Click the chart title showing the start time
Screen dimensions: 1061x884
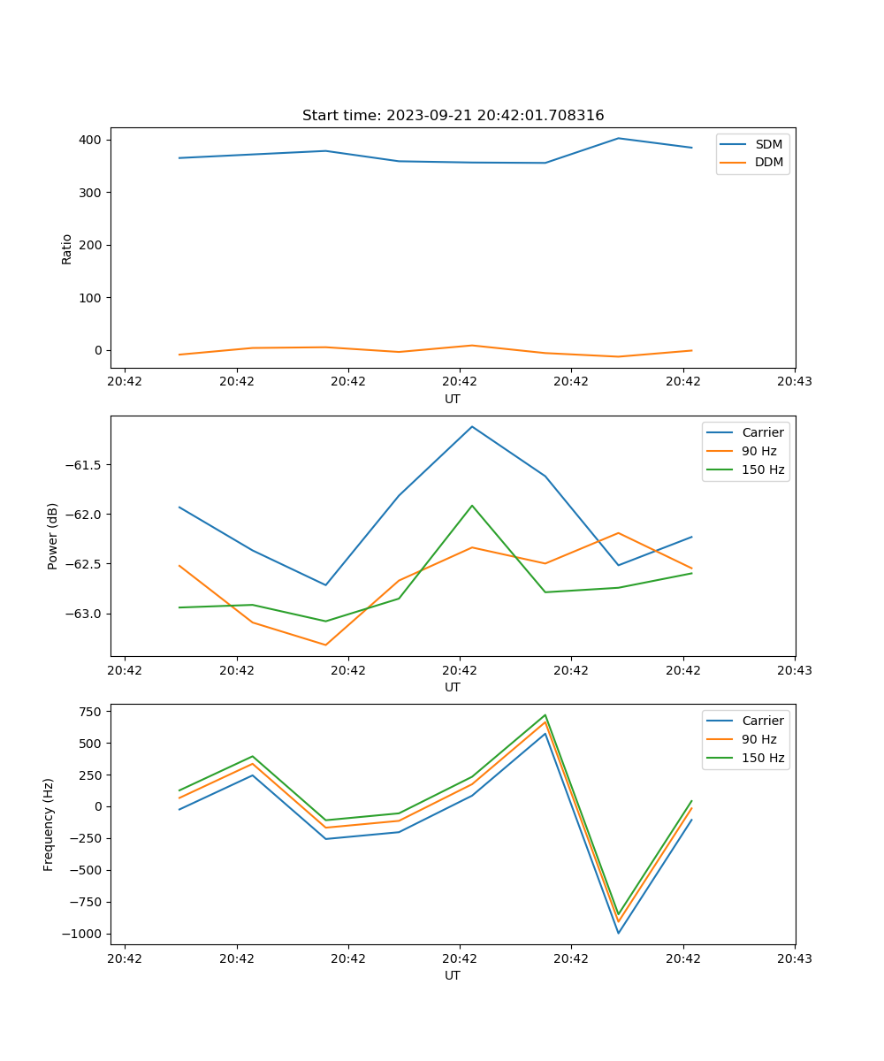(453, 116)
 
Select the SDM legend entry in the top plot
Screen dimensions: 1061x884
(768, 144)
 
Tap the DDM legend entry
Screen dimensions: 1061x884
(768, 162)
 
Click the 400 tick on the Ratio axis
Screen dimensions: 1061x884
(92, 140)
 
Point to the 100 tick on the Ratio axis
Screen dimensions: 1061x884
(92, 298)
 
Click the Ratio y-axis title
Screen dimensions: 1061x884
(66, 248)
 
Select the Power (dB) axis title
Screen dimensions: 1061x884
(53, 536)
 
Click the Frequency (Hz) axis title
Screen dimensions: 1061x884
(49, 824)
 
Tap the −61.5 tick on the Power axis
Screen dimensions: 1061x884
(85, 465)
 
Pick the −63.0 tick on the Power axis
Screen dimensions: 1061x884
(85, 614)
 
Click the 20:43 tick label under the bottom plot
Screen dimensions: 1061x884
(795, 958)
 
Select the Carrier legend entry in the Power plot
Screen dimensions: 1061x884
(762, 432)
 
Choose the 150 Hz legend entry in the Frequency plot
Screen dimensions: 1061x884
(763, 758)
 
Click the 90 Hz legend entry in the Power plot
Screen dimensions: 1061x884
(759, 451)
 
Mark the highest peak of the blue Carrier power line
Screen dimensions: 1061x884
(472, 426)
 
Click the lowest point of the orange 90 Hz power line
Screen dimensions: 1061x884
(325, 645)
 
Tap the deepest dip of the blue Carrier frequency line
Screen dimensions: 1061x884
(618, 933)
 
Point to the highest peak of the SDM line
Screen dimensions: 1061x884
(618, 138)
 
